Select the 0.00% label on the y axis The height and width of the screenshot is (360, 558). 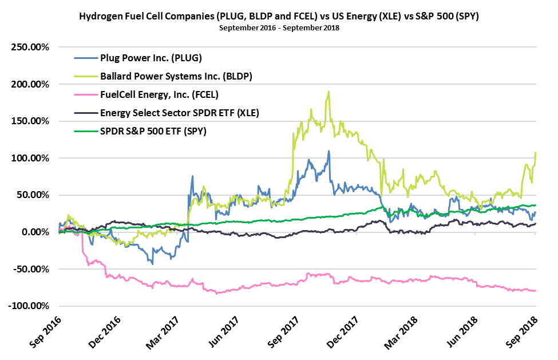(x=35, y=232)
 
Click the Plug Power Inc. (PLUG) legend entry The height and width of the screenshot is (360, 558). (x=151, y=57)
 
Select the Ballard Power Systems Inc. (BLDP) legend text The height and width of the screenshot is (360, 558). (x=176, y=76)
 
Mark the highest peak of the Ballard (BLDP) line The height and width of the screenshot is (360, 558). (x=329, y=92)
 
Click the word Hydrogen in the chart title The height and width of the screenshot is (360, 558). (x=104, y=17)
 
